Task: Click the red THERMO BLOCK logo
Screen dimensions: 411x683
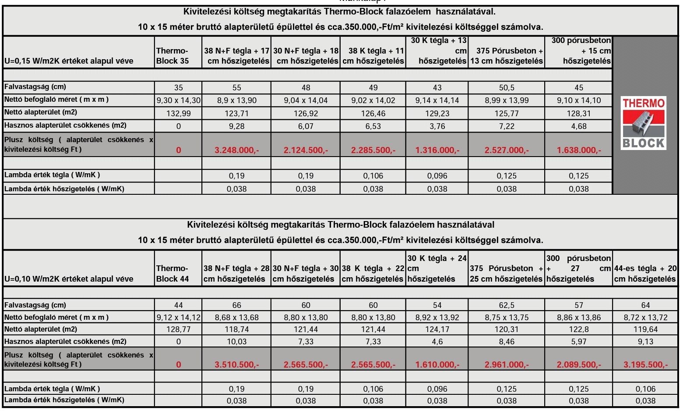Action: (x=643, y=123)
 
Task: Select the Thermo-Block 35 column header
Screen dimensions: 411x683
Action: (x=173, y=56)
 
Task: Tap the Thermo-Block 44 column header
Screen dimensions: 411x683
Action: (x=173, y=274)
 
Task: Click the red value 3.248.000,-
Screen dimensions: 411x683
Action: (x=236, y=150)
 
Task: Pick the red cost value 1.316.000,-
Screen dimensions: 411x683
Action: (x=437, y=150)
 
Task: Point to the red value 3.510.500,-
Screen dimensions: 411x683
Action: (x=236, y=365)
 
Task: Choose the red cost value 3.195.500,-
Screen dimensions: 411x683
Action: (x=645, y=365)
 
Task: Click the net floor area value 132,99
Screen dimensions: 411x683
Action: (x=178, y=114)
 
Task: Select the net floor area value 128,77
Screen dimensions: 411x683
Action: (x=178, y=329)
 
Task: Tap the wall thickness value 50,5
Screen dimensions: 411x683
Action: (x=507, y=88)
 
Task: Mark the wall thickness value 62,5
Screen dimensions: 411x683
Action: (x=507, y=305)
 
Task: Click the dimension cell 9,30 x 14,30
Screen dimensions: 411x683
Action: (x=178, y=100)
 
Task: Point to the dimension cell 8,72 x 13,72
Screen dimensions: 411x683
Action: (x=645, y=318)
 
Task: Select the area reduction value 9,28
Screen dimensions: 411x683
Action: (x=236, y=126)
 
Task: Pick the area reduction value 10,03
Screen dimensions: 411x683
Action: (x=236, y=342)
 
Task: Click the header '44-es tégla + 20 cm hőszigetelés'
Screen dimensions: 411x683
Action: (x=645, y=274)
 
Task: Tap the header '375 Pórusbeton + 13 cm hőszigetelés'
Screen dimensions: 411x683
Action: (x=507, y=56)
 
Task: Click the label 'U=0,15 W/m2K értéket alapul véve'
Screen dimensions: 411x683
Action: (x=69, y=61)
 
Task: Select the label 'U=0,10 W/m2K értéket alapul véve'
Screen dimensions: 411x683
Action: (x=69, y=279)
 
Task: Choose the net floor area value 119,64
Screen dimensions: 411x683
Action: (x=645, y=329)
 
